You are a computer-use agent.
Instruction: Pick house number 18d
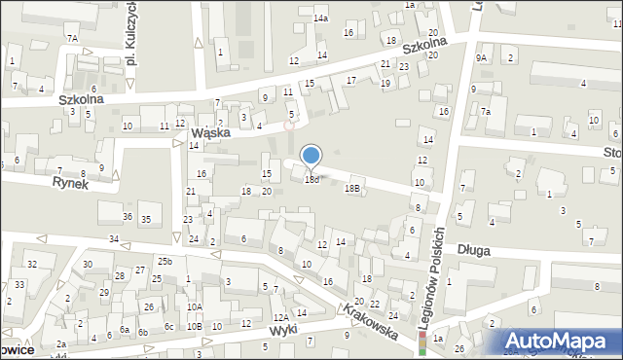311,180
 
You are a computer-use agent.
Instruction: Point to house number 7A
72,38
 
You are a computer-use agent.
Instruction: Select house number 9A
481,58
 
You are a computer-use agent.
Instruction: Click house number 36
128,215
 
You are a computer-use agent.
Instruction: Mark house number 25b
165,262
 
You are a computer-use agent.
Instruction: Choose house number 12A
280,318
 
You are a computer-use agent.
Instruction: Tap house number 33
20,284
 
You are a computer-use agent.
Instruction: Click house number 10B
195,326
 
